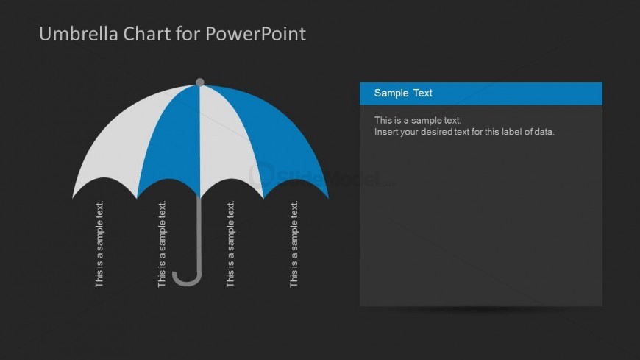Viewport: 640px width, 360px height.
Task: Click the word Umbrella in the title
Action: point(79,34)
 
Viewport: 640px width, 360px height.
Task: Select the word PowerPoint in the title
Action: point(255,34)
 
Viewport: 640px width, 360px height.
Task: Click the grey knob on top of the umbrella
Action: point(199,82)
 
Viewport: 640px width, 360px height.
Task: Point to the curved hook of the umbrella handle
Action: point(187,280)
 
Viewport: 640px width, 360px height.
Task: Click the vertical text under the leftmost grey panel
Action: point(99,244)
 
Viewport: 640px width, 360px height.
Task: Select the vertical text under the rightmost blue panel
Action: point(294,244)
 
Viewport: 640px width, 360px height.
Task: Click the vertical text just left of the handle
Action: point(162,244)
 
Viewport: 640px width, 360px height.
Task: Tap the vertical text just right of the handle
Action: point(230,244)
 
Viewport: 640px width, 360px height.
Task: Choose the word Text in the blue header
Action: point(422,93)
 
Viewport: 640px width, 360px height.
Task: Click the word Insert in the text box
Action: point(385,132)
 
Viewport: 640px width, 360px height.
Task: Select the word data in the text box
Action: point(545,132)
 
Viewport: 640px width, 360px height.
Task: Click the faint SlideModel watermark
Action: point(321,177)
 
